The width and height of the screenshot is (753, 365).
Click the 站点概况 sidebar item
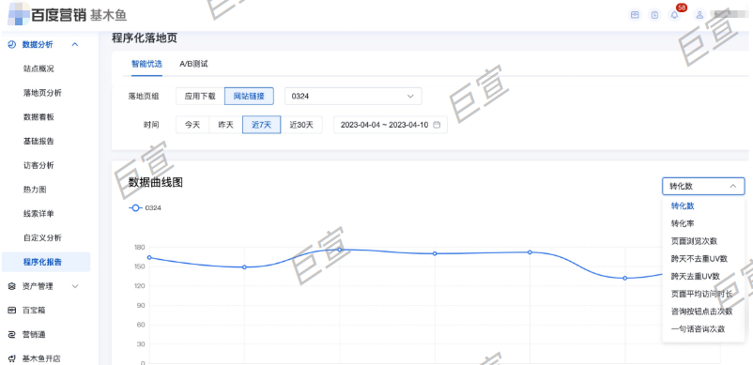(x=38, y=68)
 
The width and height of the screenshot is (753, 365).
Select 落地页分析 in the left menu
(x=42, y=93)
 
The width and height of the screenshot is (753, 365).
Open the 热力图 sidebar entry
(x=35, y=189)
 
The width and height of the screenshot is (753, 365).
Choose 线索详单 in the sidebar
(x=38, y=213)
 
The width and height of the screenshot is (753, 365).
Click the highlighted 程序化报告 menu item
(x=42, y=262)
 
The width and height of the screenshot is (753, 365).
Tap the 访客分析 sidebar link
(x=38, y=165)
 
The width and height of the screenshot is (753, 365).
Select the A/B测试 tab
(x=193, y=64)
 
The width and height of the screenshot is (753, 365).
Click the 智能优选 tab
(x=146, y=64)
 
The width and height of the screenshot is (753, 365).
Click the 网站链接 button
(x=249, y=96)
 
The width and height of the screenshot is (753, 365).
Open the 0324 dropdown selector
(x=352, y=96)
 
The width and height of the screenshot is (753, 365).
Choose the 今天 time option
(x=192, y=125)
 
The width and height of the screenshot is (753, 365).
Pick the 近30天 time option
(x=301, y=125)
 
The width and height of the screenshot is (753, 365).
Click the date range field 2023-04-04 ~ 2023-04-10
(x=390, y=125)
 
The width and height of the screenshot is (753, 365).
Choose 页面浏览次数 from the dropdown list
(x=694, y=241)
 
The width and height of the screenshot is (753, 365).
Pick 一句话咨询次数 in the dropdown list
(x=699, y=328)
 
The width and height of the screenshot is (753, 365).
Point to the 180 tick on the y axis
(x=139, y=248)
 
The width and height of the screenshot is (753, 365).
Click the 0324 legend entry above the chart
(x=146, y=207)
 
